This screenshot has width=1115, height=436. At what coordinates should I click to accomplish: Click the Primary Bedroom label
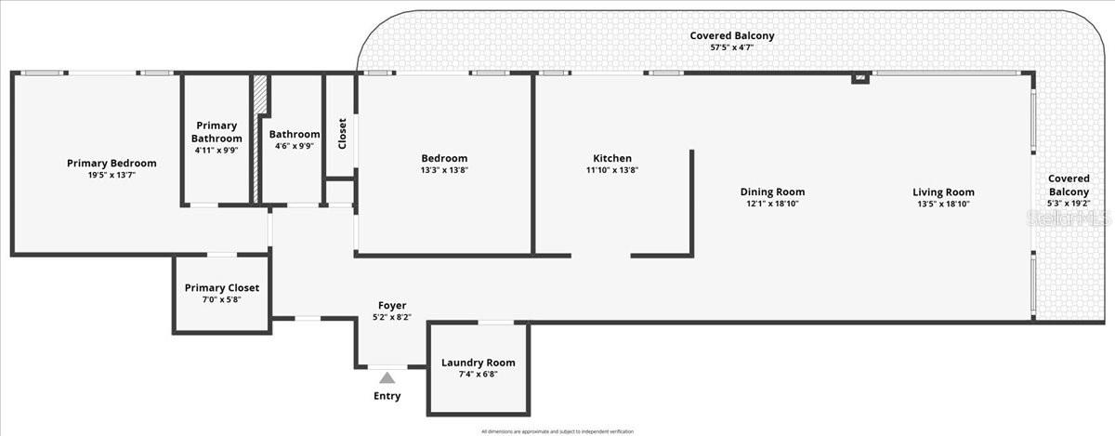[x=111, y=163]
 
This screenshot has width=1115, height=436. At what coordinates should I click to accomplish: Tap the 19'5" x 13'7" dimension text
[x=111, y=175]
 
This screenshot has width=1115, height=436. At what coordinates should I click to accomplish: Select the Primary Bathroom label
[x=217, y=132]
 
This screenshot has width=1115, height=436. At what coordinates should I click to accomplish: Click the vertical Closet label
[x=342, y=133]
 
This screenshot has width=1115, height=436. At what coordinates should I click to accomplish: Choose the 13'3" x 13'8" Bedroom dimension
[x=444, y=170]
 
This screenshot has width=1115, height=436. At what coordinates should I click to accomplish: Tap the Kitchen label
[x=612, y=158]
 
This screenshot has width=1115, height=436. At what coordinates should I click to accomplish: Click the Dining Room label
[x=772, y=192]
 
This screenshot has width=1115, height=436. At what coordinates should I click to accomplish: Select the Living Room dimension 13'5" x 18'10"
[x=944, y=204]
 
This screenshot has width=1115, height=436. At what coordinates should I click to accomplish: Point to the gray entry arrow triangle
[x=387, y=377]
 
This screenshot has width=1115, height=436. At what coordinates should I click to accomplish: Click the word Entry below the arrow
[x=387, y=396]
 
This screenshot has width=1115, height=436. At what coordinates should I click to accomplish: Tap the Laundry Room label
[x=478, y=363]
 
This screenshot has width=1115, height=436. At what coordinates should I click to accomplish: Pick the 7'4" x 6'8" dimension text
[x=478, y=375]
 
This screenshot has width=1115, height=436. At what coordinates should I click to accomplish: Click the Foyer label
[x=391, y=305]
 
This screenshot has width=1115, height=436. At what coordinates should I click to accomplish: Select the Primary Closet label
[x=221, y=287]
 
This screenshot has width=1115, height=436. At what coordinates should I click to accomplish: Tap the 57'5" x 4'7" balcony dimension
[x=731, y=46]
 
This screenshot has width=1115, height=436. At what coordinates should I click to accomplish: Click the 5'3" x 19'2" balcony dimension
[x=1068, y=203]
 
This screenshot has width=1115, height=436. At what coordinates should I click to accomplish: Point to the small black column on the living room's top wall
[x=860, y=78]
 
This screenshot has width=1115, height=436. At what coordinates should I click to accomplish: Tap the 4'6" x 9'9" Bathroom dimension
[x=295, y=146]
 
